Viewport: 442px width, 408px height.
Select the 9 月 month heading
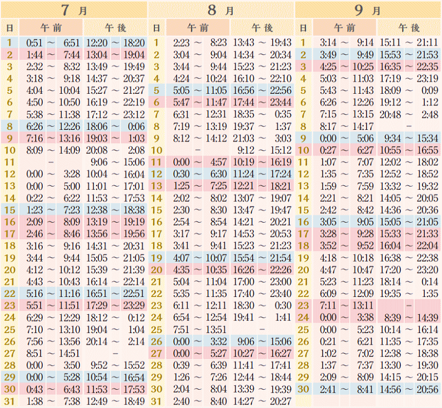tap(368, 9)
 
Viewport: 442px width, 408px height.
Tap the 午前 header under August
tap(198, 27)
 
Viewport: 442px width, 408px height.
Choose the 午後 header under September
tap(409, 27)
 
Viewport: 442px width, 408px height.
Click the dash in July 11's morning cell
tap(51, 162)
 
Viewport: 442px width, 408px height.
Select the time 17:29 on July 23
tap(98, 306)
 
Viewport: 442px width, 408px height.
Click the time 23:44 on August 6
tap(280, 103)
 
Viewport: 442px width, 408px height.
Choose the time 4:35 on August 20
tap(183, 270)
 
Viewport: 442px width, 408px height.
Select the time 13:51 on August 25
tap(215, 330)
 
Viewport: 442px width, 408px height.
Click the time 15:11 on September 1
tap(390, 43)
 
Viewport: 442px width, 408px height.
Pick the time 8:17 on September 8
tap(330, 127)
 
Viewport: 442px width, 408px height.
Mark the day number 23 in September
tap(303, 306)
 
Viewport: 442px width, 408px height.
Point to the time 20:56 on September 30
tap(428, 389)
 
